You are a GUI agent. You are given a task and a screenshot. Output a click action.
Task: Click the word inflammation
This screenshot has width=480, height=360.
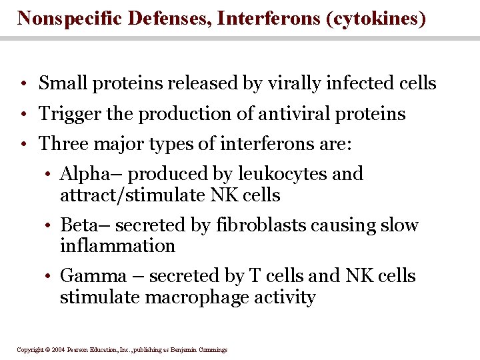coord(117,246)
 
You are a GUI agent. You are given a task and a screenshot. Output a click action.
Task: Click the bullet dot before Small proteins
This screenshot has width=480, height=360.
coord(23,85)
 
